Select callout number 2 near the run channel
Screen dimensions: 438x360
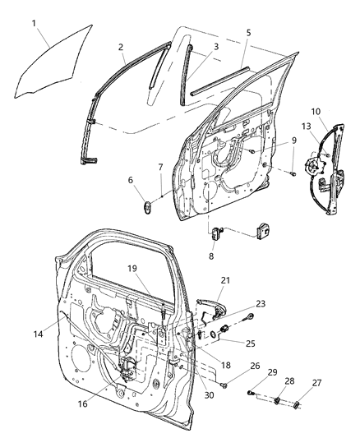click(121, 47)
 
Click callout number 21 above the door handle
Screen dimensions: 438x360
click(224, 280)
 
